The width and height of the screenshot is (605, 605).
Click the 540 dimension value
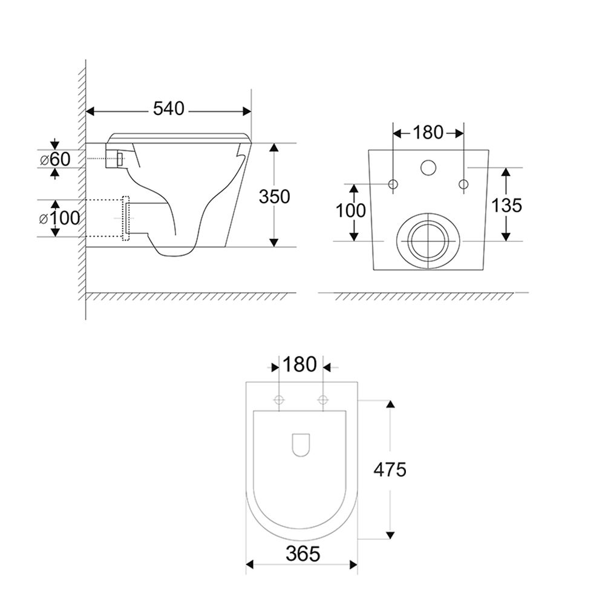tap(169, 109)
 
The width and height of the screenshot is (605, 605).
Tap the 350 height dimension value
tap(274, 197)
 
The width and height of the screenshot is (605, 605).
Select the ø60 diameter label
tap(55, 159)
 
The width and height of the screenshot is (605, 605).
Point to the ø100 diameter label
tap(59, 218)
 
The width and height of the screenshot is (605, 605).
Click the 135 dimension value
tap(506, 205)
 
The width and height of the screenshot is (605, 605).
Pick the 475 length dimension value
tap(390, 469)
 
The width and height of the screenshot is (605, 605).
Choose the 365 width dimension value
tap(303, 554)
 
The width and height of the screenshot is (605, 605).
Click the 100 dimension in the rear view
tap(351, 211)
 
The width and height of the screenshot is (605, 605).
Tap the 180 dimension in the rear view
tap(428, 132)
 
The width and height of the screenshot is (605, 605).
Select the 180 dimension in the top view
tap(300, 364)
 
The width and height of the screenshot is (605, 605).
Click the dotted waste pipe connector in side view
tap(126, 218)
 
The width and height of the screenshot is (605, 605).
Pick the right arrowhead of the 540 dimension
tap(247, 111)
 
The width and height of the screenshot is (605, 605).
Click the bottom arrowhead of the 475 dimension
tap(390, 535)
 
